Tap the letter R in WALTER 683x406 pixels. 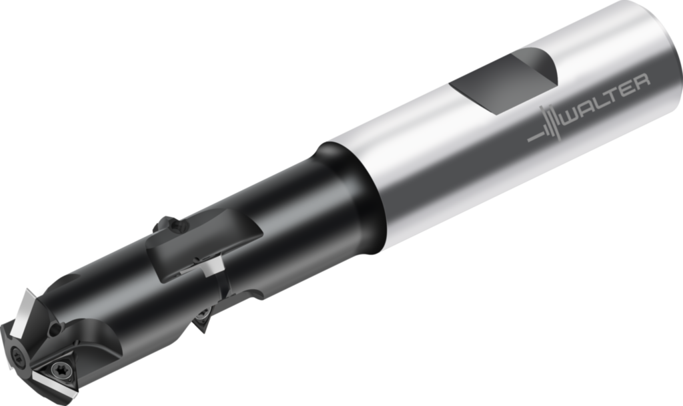pyautogui.click(x=642, y=82)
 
